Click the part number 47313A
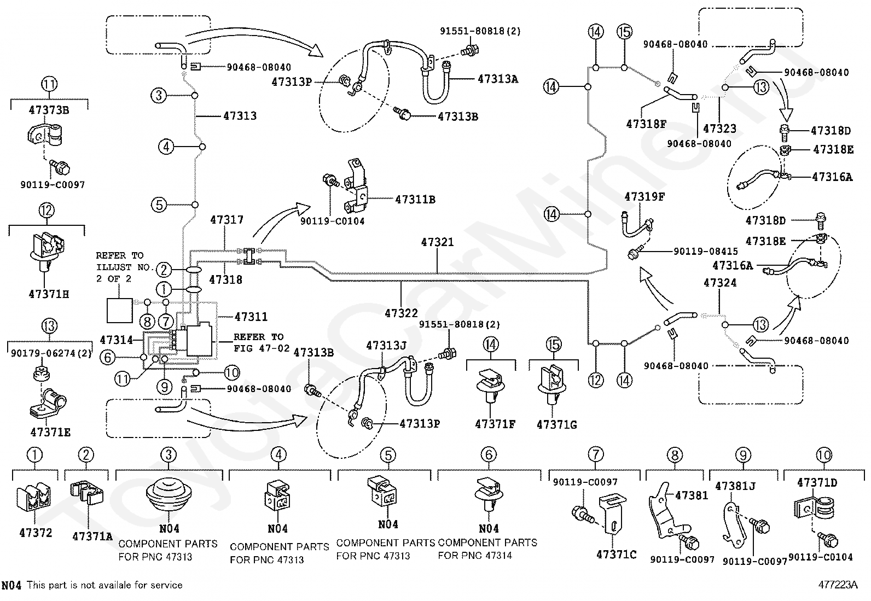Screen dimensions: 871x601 click(x=498, y=79)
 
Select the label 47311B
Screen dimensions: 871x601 click(x=415, y=200)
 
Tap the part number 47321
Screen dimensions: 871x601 click(x=438, y=242)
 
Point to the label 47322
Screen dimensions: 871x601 click(x=401, y=313)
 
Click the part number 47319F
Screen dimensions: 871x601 click(x=644, y=197)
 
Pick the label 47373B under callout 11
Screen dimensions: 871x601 click(x=49, y=110)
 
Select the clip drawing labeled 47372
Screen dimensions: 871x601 click(x=34, y=498)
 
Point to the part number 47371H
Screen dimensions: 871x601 click(x=49, y=294)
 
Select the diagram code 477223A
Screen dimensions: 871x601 click(x=838, y=585)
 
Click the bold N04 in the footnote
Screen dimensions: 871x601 click(x=11, y=585)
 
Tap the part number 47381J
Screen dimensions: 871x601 click(x=735, y=486)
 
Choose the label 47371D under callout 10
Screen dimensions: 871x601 click(x=817, y=482)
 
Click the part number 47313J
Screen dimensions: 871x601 click(x=386, y=345)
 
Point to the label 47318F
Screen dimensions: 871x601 click(x=646, y=124)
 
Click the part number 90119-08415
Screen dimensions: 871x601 click(x=706, y=251)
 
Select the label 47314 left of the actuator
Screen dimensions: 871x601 click(x=117, y=340)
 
